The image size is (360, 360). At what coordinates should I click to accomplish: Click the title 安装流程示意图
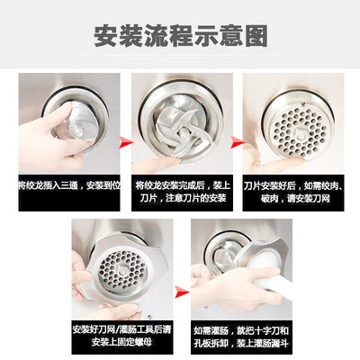180,37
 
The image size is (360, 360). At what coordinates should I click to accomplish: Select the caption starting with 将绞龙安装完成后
180,190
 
